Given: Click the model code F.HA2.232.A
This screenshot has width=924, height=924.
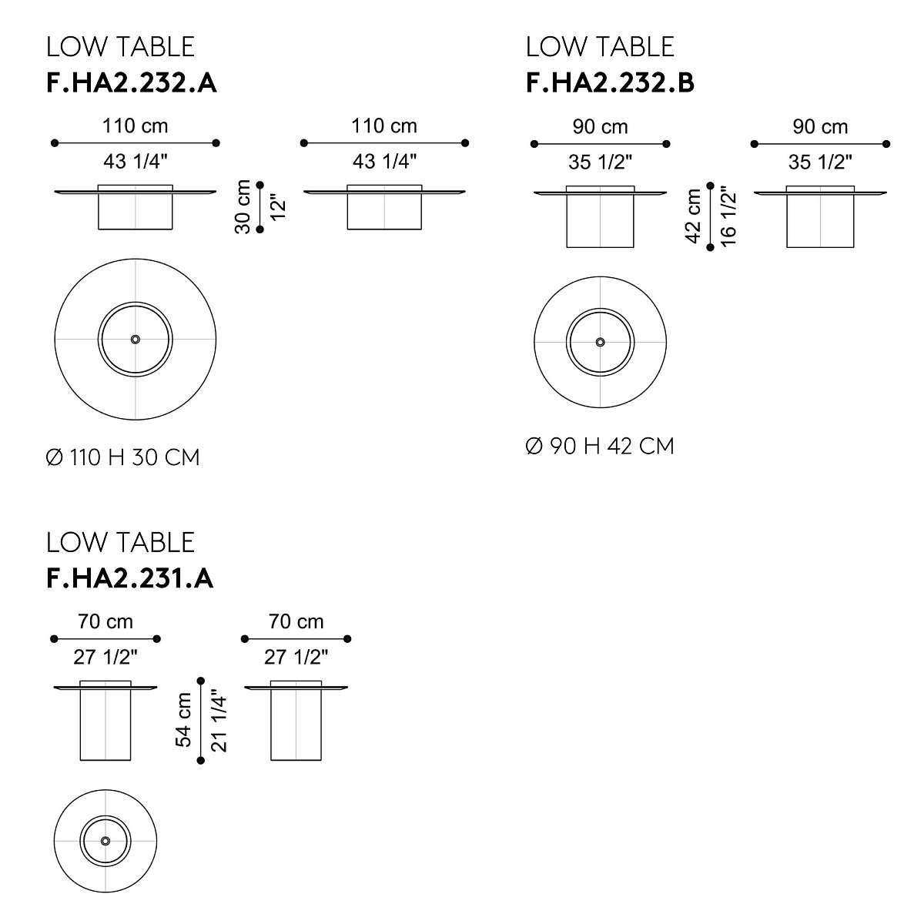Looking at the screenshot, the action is (x=132, y=83).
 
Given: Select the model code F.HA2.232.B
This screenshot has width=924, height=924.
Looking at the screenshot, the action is (x=610, y=83).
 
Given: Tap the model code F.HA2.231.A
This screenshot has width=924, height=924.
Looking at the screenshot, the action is (x=129, y=579).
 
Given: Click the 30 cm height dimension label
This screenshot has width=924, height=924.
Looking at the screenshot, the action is (x=243, y=206).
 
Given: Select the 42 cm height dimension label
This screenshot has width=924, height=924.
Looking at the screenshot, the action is (x=693, y=216).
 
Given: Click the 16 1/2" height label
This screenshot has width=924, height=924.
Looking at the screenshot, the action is (x=728, y=216).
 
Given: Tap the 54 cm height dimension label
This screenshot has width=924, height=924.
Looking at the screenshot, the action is (x=184, y=720).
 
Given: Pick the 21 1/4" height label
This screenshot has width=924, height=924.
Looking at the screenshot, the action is (x=219, y=721).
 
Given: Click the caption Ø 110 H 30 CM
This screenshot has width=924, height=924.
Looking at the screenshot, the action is (x=122, y=457).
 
